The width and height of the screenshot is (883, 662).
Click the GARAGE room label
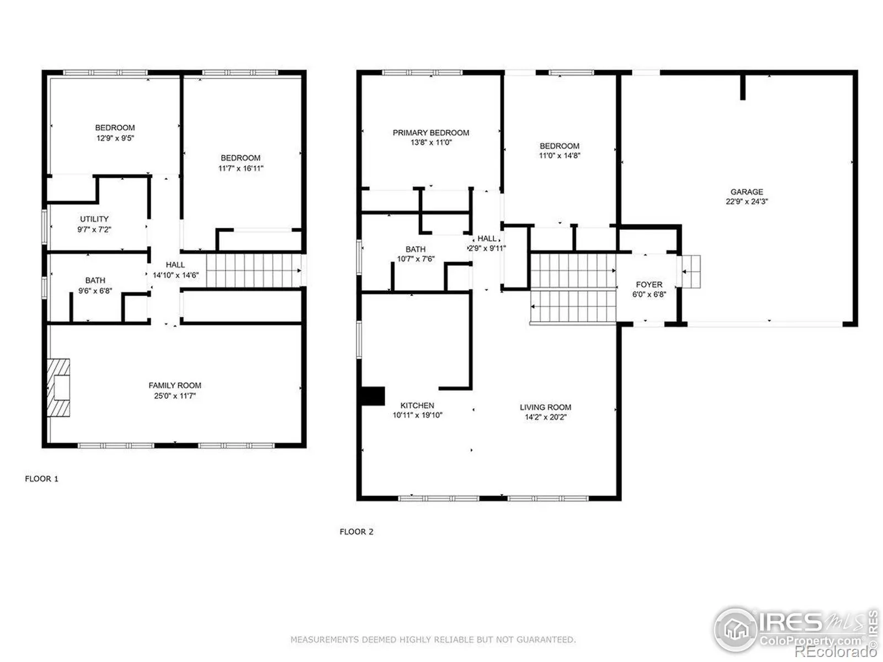(746, 192)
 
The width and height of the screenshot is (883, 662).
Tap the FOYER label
(649, 285)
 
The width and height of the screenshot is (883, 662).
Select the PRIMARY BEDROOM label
(430, 132)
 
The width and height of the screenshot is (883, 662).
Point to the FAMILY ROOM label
(174, 386)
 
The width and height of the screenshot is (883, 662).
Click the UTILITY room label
(94, 219)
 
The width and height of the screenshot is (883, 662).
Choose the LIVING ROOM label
(545, 407)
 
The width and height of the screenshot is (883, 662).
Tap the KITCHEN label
(417, 405)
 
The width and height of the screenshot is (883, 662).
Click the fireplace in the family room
(58, 387)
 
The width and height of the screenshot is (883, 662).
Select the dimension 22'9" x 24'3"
(746, 202)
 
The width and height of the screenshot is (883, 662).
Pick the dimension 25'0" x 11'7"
(174, 396)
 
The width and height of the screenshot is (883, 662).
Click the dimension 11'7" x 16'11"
(241, 168)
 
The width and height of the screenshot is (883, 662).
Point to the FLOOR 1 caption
(41, 479)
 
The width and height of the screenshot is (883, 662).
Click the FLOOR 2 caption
(357, 532)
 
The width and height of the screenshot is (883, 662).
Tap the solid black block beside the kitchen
(373, 396)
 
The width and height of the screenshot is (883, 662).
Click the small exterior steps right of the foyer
(691, 272)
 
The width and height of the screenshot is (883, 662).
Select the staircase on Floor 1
(254, 270)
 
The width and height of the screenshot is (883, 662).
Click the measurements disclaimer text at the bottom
(433, 639)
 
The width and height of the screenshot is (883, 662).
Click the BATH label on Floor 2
(416, 249)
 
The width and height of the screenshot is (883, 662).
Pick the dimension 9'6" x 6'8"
(95, 291)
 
